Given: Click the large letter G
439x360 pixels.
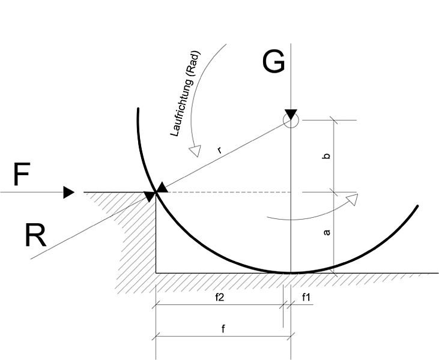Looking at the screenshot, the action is click(273, 62).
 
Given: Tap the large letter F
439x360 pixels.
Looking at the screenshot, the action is click(22, 175).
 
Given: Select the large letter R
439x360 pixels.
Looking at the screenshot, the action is click(35, 236).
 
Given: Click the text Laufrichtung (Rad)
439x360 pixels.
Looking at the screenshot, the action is click(185, 94).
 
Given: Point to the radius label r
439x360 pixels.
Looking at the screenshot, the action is click(220, 151).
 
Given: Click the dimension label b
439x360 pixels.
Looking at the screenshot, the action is click(327, 156).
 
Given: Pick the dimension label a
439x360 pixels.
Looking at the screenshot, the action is click(327, 232).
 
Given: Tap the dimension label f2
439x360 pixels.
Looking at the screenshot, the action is click(220, 298).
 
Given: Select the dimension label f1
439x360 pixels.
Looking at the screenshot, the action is click(306, 298).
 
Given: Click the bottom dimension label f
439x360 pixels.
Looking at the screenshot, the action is click(223, 329).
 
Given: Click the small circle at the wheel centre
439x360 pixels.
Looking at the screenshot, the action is click(291, 120).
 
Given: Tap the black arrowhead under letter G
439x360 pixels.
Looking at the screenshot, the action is click(291, 114).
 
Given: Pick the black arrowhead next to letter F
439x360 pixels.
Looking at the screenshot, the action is click(68, 192).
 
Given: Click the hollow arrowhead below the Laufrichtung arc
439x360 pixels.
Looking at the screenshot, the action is click(195, 151).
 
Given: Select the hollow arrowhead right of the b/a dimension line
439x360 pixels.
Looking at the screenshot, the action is click(352, 199).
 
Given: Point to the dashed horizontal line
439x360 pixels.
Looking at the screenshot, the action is click(227, 192).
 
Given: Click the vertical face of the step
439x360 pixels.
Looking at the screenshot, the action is click(156, 232).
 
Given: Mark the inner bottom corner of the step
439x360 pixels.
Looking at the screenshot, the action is click(156, 272).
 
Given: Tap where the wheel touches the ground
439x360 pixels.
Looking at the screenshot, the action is click(291, 273).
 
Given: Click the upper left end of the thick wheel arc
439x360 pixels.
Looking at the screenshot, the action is click(138, 109).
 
